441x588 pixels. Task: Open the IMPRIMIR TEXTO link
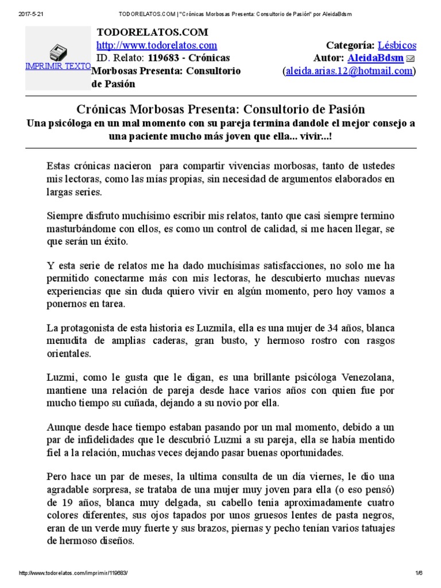(57, 66)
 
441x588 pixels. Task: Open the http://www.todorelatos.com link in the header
(156, 45)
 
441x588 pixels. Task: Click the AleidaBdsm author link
(374, 58)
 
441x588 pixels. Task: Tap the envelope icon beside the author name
(411, 59)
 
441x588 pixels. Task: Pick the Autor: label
(329, 58)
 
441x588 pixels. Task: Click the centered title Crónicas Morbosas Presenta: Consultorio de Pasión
(220, 109)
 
